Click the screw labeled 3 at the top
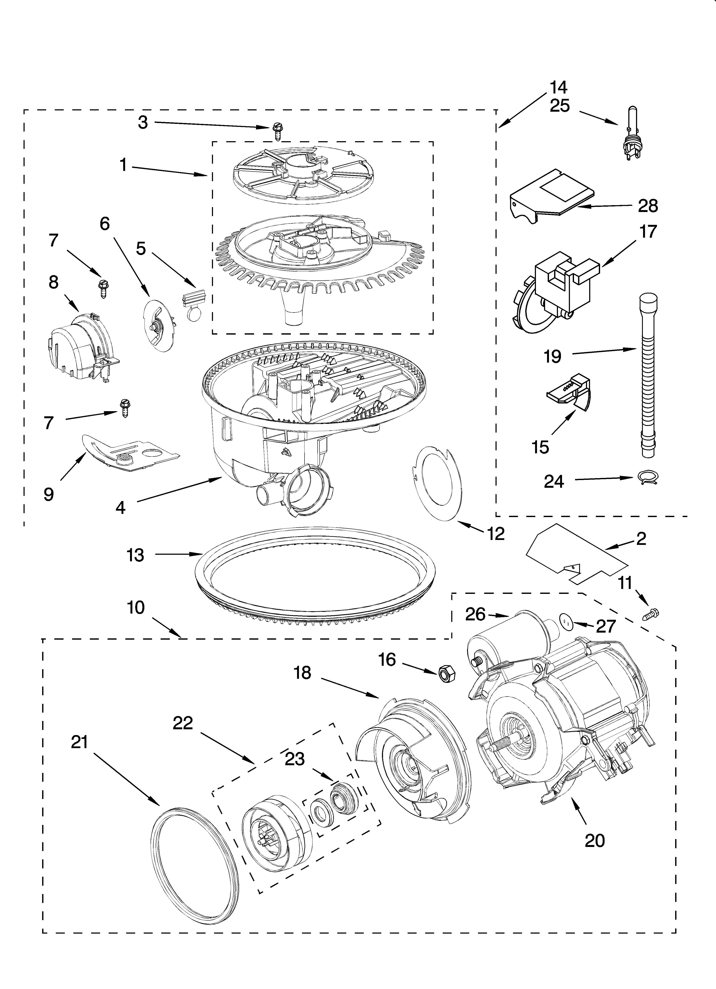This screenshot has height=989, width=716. click(277, 130)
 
